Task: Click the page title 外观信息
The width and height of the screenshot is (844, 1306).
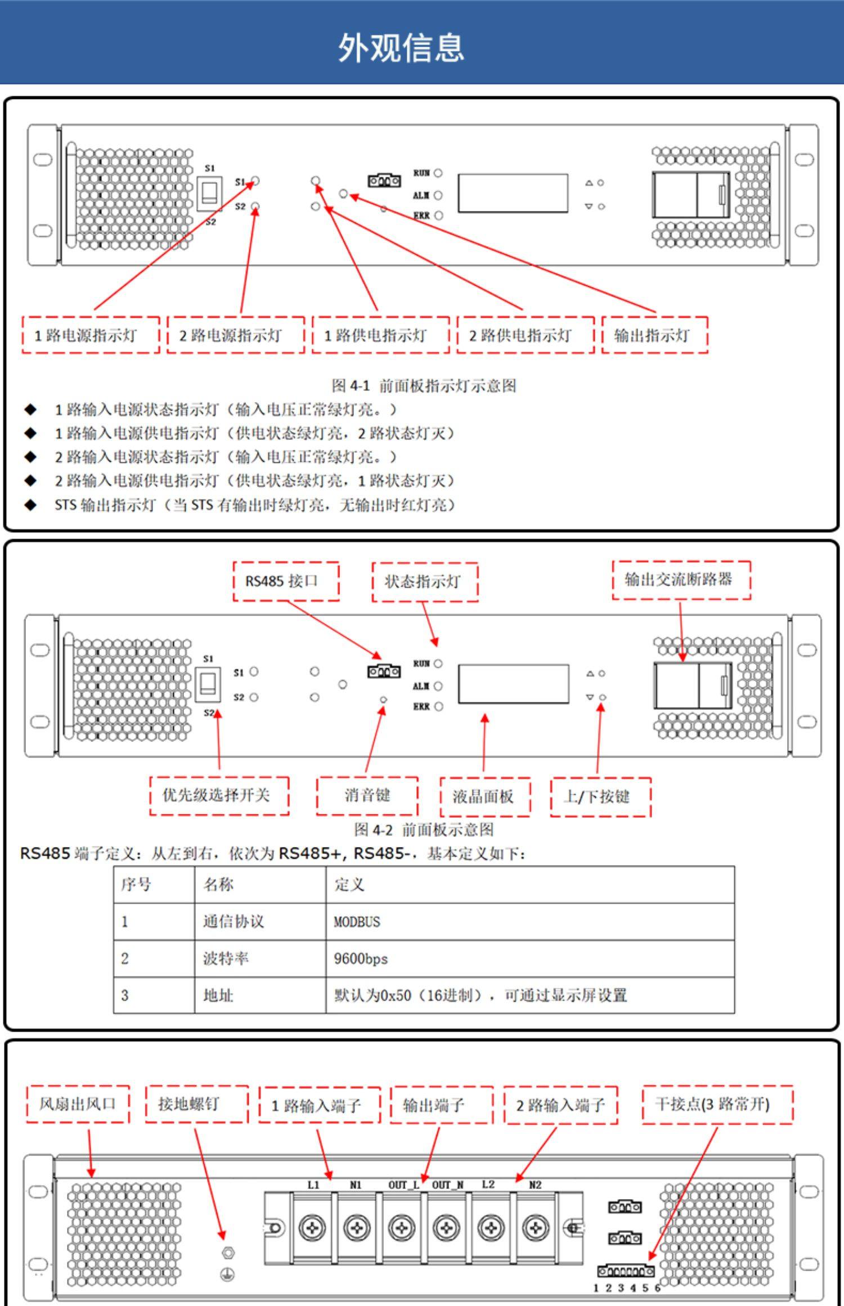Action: [x=401, y=47]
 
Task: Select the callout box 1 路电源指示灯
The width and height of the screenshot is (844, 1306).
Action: [x=91, y=335]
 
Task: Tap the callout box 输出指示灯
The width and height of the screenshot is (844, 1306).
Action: [x=654, y=335]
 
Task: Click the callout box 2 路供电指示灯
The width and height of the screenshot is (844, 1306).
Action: [x=525, y=335]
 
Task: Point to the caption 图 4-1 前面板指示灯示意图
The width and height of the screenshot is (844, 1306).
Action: [x=423, y=386]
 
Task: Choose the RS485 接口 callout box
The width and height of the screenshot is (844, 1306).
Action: [x=286, y=581]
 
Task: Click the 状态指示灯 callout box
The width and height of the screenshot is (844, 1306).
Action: [x=425, y=582]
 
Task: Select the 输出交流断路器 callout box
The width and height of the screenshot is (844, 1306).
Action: [x=681, y=579]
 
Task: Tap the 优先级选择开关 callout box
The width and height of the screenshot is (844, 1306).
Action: [x=219, y=795]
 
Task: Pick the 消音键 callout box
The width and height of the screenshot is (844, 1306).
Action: [x=367, y=796]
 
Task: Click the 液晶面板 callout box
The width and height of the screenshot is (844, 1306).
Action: [x=484, y=796]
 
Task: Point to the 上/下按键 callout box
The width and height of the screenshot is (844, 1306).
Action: [x=600, y=796]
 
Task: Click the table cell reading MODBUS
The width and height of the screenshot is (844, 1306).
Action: [x=357, y=922]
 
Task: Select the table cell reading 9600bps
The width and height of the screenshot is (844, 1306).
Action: [x=361, y=958]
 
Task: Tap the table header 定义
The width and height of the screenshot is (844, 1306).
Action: [x=349, y=885]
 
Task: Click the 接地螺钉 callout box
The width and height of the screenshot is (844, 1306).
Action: [x=196, y=1104]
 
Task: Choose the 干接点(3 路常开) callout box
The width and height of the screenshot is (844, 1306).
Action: [x=717, y=1104]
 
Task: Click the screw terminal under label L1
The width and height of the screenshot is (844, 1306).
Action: [x=312, y=1228]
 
